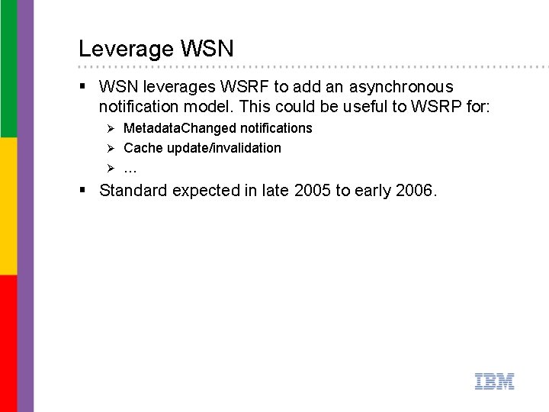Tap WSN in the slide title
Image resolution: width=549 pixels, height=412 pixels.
point(207,49)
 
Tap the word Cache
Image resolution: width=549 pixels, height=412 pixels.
point(143,148)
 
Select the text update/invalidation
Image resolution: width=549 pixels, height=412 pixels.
point(224,148)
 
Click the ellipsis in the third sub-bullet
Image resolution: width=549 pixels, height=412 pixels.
point(130,167)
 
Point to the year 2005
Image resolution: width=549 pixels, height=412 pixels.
point(311,190)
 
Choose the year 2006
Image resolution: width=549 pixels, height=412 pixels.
point(416,190)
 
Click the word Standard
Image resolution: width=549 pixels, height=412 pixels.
point(133,190)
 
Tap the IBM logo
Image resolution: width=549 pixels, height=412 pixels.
point(494,381)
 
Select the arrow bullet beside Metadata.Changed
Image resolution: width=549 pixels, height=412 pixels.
point(110,128)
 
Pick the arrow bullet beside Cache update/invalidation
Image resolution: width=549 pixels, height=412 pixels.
point(110,148)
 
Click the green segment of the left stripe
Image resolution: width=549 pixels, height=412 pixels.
point(8,69)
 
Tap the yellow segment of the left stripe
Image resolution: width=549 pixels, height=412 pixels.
point(8,206)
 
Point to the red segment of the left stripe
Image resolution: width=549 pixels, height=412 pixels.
point(8,343)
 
